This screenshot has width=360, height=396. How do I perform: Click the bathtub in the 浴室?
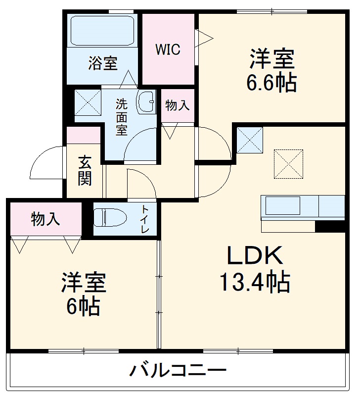[x=103, y=31]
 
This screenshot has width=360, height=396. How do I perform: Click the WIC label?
[x=168, y=49]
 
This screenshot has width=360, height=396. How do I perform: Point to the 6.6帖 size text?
[x=271, y=83]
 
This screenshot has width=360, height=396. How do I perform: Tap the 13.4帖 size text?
[x=254, y=282]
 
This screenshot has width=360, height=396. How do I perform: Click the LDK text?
[x=254, y=256]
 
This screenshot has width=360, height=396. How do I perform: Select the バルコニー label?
[x=179, y=370]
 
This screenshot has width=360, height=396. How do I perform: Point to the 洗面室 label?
[x=122, y=117]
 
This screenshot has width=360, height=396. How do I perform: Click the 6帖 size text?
[x=84, y=307]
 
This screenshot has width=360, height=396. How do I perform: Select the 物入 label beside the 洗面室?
[x=177, y=105]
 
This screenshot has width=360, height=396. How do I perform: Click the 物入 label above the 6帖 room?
[x=45, y=219]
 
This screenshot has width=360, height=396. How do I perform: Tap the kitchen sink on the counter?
[x=282, y=205]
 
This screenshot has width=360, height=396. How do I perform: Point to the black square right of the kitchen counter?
[x=329, y=227]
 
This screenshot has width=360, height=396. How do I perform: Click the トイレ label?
[x=145, y=220]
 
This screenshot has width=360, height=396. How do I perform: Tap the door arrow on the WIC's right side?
[x=204, y=36]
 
